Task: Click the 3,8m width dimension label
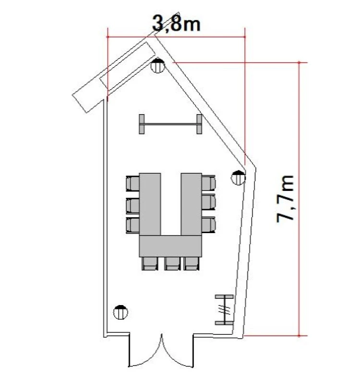176,24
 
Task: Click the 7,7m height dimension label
285,199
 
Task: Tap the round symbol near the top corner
157,65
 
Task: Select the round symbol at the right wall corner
238,178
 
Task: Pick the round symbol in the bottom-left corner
120,312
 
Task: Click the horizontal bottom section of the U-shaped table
170,246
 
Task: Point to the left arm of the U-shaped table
150,204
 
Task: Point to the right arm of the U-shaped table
192,204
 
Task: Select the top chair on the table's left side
132,183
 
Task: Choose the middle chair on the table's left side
132,206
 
